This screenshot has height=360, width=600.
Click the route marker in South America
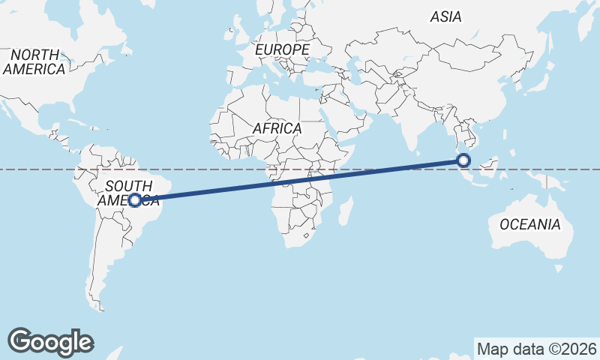coord(135,200)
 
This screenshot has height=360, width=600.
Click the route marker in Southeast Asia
coord(463,160)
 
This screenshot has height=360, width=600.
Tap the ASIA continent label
coord(445,16)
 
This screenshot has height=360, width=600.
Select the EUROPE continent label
coord(282,49)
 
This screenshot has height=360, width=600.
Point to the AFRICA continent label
coord(277,128)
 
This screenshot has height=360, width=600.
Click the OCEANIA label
coord(530,224)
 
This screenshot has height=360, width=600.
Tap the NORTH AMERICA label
coord(34,61)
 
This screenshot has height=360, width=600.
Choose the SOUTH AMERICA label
coord(132,193)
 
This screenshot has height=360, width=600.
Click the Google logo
coord(50,341)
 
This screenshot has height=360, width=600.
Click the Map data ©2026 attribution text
coord(536,349)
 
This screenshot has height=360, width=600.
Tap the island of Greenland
coord(202,11)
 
